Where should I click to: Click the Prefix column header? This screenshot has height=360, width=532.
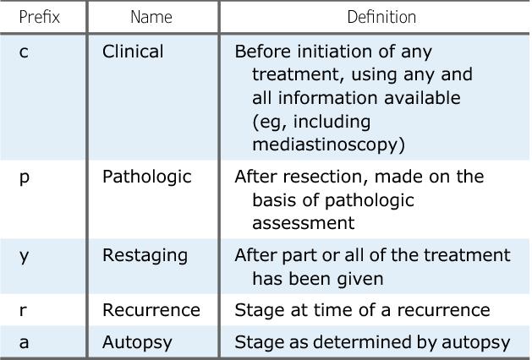[x=40, y=17]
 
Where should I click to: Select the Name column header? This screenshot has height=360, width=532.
[x=151, y=17]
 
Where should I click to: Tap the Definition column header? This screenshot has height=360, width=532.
[x=381, y=17]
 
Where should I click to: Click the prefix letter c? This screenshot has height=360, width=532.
[x=24, y=52]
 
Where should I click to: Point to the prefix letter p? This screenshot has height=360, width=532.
[x=25, y=178]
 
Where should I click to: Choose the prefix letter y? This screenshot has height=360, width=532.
[x=24, y=257]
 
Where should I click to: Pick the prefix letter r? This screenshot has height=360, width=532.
[x=23, y=310]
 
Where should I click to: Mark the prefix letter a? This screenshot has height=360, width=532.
[x=24, y=342]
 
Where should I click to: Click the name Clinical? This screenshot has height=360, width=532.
[x=133, y=52]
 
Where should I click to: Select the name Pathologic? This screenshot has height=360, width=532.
[x=147, y=177]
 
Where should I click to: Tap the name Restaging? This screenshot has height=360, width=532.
[x=145, y=255]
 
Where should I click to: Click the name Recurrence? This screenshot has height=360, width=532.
[x=151, y=310]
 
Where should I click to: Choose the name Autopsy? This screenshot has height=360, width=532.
[x=137, y=342]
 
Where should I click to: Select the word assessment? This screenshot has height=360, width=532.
[x=304, y=223]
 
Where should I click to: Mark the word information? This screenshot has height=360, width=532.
[x=326, y=98]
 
